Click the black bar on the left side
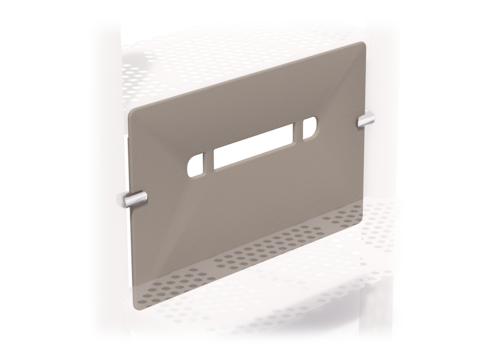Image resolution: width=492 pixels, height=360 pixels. click(x=33, y=180)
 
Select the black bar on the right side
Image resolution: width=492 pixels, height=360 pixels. click(x=459, y=180)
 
